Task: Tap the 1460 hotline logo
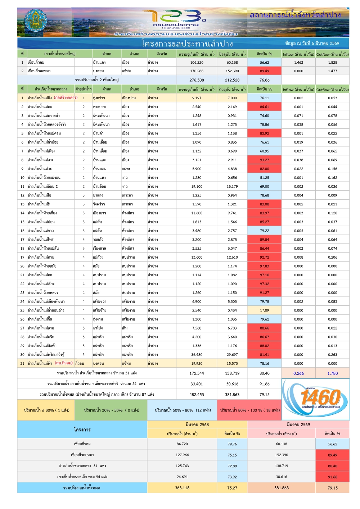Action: pos(316,399)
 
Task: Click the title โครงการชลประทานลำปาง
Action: pos(187,44)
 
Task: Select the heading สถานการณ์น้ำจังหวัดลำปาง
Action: pos(295,15)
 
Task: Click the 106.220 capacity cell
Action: pos(197,62)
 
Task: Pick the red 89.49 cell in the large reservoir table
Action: pos(264,71)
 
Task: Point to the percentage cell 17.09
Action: pos(264,310)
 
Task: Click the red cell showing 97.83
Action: pos(264,266)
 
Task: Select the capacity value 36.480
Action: pos(197,355)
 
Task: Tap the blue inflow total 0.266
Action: pos(298,373)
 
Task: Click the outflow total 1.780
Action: pos(332,373)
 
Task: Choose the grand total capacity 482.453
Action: pos(197,395)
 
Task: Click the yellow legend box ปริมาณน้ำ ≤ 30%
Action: pos(46,410)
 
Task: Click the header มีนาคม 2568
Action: pos(197,424)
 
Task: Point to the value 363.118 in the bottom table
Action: pos(182,488)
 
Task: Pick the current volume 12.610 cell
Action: pos(232,258)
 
